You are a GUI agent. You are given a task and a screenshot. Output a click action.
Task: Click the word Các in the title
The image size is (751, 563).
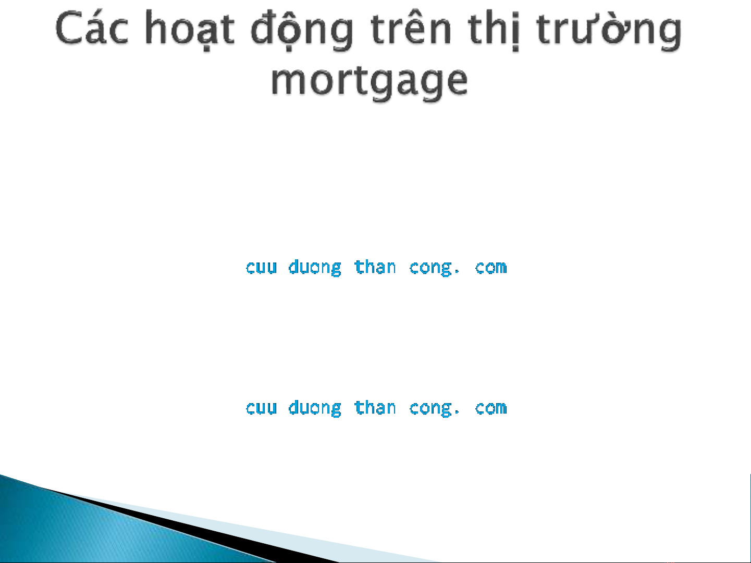coord(92,28)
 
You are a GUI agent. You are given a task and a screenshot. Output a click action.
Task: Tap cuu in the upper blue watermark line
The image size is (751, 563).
coord(261,267)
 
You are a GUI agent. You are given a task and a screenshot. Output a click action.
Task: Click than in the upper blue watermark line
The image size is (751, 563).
coord(375,267)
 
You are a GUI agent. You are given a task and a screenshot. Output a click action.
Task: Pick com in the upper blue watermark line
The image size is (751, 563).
coord(490,267)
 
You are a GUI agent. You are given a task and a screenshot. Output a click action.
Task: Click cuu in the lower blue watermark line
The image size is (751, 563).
coord(261,408)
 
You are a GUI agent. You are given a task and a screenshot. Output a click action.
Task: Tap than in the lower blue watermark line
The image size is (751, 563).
coord(375,407)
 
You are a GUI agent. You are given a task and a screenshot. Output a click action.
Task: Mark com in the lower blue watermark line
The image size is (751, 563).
coord(490,408)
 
